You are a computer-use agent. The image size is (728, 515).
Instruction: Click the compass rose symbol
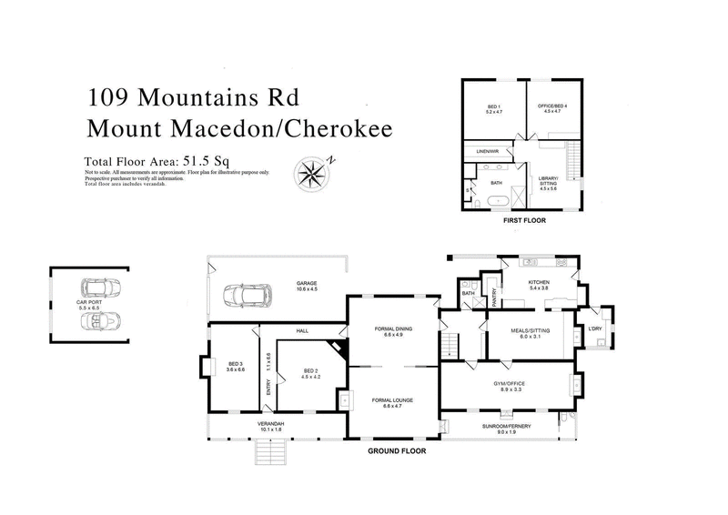pos(312,171)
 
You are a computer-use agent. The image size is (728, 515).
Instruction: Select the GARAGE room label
pos(306,283)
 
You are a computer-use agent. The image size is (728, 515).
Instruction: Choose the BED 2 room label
pos(310,371)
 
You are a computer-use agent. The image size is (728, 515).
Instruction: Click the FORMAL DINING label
pos(393,328)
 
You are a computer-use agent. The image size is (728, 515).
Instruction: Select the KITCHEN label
pos(540,283)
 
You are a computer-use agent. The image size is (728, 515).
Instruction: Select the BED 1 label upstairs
pos(494,108)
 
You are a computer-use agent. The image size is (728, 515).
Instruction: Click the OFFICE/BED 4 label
pos(555,108)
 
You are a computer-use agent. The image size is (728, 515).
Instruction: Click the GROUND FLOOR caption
pos(396,450)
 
